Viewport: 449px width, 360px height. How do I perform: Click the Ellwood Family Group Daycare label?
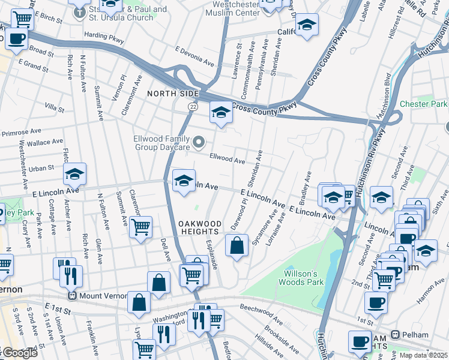(161, 143)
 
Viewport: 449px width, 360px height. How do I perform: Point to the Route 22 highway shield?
(193, 106)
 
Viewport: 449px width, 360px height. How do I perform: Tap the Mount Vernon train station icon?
(73, 296)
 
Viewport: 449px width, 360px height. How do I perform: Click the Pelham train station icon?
(396, 334)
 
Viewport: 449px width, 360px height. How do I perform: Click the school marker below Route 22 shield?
(220, 112)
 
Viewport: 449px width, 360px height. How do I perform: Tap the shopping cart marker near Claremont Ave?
(140, 227)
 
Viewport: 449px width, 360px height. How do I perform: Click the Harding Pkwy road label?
(103, 37)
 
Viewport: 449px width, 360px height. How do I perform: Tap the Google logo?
(19, 353)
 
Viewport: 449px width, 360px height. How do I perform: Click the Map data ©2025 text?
(423, 355)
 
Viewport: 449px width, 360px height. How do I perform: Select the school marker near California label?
(306, 25)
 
